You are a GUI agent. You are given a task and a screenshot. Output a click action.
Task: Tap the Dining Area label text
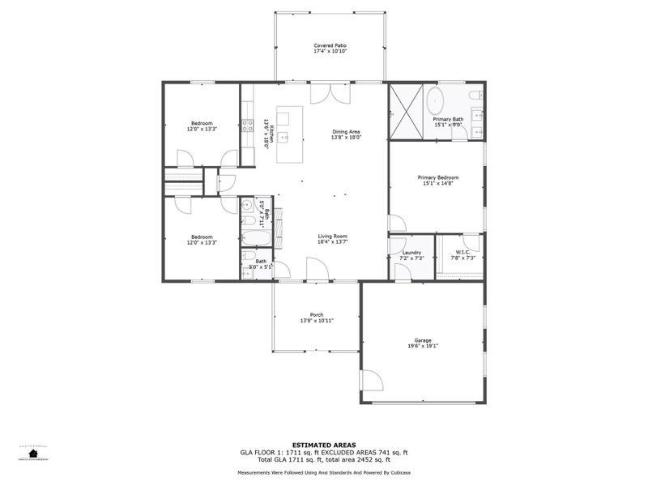(347, 132)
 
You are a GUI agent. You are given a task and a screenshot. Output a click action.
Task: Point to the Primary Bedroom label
(438, 177)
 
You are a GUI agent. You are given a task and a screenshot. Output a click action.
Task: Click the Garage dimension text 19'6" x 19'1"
(424, 345)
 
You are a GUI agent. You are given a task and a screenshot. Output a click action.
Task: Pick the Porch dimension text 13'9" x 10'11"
(317, 321)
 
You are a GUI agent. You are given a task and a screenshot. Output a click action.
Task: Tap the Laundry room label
(411, 253)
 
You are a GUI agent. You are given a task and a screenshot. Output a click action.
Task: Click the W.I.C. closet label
(463, 252)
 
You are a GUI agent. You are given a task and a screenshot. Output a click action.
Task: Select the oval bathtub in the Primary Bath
(435, 100)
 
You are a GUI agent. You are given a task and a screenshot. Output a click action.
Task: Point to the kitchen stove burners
(247, 125)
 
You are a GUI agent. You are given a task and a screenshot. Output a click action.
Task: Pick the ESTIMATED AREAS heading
(323, 444)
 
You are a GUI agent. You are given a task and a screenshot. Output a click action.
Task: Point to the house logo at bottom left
(33, 453)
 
